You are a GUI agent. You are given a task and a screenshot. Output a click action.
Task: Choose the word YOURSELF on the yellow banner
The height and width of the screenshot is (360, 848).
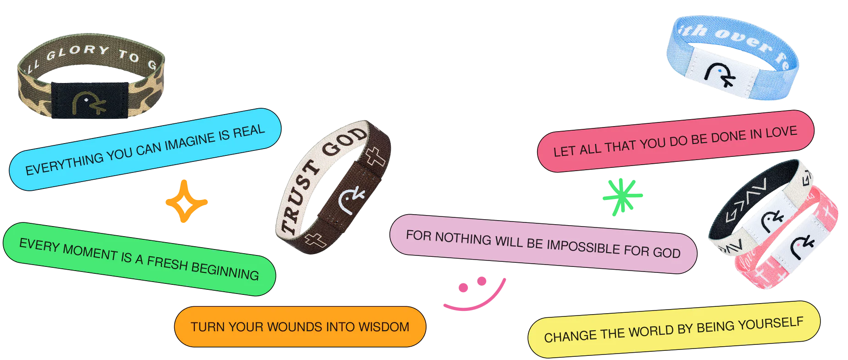[775, 325]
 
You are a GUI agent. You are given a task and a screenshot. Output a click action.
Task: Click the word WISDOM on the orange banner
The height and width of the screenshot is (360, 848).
[384, 327]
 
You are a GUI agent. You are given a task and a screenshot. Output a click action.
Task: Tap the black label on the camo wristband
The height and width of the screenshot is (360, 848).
[90, 100]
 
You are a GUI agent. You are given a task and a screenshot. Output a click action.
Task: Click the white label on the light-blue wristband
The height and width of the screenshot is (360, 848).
[722, 74]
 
